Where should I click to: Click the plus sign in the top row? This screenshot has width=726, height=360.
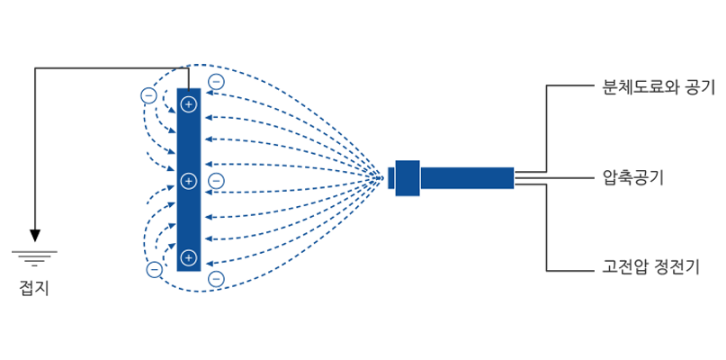point(188,104)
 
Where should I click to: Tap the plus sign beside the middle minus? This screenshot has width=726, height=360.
point(188,181)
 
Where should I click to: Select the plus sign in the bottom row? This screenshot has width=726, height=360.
point(188,258)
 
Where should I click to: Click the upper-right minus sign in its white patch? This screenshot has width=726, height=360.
point(215,82)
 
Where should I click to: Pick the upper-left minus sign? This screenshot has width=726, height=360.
point(149,94)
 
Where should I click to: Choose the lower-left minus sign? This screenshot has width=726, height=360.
point(154,268)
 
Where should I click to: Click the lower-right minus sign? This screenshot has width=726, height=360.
point(215,279)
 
